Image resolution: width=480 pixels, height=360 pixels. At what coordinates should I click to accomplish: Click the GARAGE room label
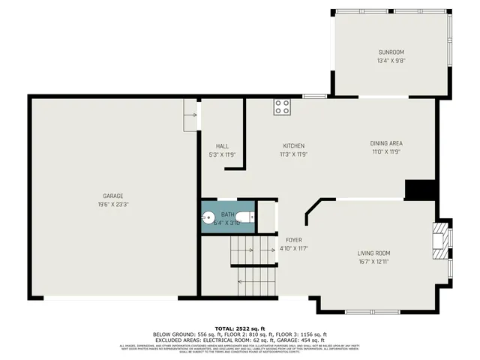(x=113, y=196)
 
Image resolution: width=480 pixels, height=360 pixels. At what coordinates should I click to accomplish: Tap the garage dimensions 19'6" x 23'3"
(x=113, y=204)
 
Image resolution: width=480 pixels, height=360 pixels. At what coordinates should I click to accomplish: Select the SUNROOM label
(x=390, y=52)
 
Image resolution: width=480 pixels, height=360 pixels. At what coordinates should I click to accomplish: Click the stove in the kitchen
(x=282, y=106)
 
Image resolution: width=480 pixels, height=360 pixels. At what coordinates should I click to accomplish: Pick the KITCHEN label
(x=293, y=145)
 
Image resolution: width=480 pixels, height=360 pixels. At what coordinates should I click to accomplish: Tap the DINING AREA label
(x=386, y=143)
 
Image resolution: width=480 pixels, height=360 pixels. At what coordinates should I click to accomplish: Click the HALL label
(x=222, y=146)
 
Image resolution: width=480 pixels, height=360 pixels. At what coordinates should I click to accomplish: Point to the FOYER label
(x=294, y=240)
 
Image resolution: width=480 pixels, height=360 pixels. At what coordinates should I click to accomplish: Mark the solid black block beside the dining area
(x=420, y=189)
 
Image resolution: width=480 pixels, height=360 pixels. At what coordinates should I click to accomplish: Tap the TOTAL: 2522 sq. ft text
(x=240, y=328)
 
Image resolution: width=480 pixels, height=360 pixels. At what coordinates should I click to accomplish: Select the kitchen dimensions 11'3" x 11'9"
(x=293, y=154)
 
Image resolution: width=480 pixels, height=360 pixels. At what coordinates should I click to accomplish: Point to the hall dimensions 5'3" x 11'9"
(x=222, y=154)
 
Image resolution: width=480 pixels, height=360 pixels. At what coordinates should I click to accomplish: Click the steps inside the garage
(x=190, y=115)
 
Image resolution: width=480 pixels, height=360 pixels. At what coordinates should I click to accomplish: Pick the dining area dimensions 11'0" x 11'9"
(x=386, y=151)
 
